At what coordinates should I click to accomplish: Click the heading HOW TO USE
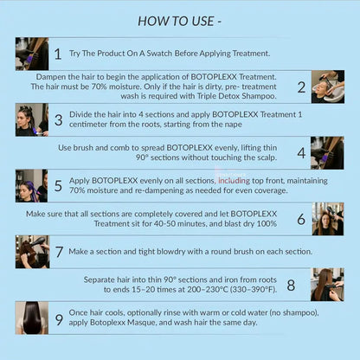[x=176, y=21]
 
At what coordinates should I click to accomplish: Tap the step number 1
[x=58, y=54]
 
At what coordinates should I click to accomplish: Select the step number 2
[x=301, y=87]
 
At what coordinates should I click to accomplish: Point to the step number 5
[x=58, y=186]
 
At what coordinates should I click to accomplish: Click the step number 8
[x=291, y=286]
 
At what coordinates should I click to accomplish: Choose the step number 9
[x=59, y=319]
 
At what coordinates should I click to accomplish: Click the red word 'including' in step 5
[x=234, y=181]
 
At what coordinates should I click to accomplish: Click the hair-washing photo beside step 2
[x=328, y=87]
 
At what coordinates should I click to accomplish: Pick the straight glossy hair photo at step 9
[x=32, y=318]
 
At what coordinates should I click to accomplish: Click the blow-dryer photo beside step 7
[x=32, y=252]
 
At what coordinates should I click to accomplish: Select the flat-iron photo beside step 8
[x=327, y=285]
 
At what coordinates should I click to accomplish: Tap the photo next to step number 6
[x=328, y=219]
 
